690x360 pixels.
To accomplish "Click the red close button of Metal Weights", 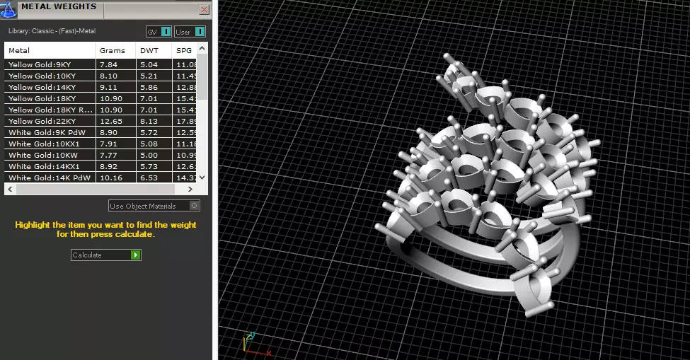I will (x=204, y=10).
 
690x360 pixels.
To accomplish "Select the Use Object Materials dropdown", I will (x=154, y=206).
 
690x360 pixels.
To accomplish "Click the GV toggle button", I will (x=159, y=32).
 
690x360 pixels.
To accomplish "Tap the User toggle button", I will (x=190, y=32).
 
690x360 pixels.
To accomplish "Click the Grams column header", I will (x=113, y=50).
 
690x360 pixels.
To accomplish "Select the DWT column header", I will (x=149, y=50).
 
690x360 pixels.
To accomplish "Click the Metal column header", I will (x=20, y=50).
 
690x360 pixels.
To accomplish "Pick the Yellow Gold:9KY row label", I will (x=40, y=64).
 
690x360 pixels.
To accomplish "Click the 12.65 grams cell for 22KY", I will (x=111, y=121).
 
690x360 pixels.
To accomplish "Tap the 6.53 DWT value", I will (x=149, y=178).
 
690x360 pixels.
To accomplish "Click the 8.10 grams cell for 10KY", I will (x=109, y=76).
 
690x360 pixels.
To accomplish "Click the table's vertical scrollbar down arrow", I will (x=202, y=178).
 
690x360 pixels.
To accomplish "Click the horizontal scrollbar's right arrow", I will (x=190, y=190).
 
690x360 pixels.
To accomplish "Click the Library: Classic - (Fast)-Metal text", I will (x=52, y=31).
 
